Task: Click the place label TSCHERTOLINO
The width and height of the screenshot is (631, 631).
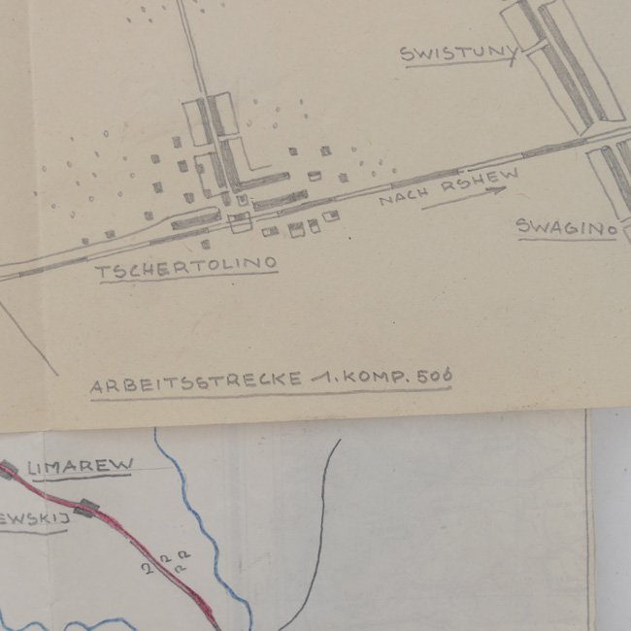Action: coord(186,263)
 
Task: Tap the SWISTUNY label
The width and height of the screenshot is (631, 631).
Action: coord(454,52)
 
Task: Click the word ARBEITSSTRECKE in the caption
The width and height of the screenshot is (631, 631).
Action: coord(195,382)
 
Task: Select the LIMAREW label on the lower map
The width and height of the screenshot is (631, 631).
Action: coord(80,468)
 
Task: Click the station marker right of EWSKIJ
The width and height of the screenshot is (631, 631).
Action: coord(88,509)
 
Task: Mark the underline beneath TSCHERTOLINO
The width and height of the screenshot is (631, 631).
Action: coord(186,277)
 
